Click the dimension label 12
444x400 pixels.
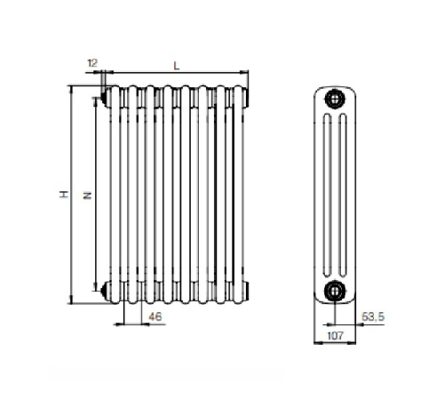(92, 63)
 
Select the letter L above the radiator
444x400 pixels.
(177, 66)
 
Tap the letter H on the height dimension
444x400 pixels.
(64, 195)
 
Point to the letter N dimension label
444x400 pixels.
(87, 196)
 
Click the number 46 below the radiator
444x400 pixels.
(155, 316)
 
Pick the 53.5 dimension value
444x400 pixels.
(373, 316)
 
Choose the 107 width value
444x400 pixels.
(335, 336)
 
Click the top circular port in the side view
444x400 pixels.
(335, 99)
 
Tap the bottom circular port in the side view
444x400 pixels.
(335, 291)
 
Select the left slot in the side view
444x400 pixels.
(327, 196)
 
